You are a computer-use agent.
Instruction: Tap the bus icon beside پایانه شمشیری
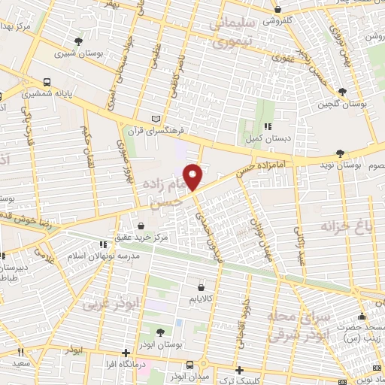(48, 81)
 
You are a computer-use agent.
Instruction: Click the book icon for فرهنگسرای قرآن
(156, 119)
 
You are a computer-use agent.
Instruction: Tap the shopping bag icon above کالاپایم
(200, 286)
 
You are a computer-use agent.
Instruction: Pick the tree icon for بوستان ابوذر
(160, 333)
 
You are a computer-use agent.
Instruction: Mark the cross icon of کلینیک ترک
(239, 370)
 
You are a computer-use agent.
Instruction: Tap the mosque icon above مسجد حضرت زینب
(362, 316)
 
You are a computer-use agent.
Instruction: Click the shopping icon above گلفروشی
(278, 10)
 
